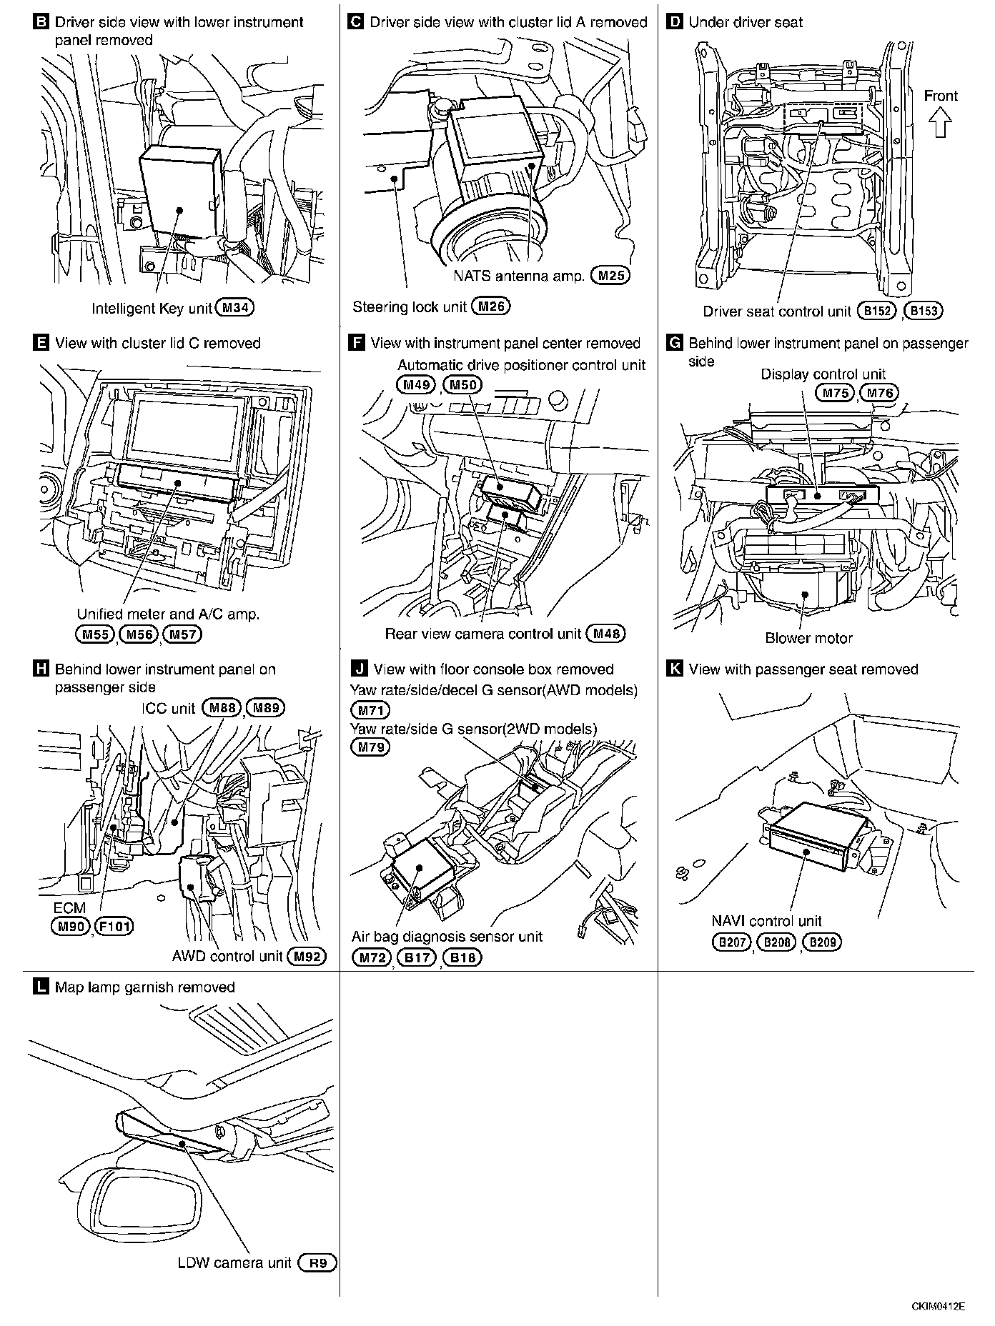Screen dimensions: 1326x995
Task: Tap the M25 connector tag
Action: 610,276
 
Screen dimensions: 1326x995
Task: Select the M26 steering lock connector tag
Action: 491,307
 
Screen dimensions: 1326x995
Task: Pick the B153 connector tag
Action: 924,311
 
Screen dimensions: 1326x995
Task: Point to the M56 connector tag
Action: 138,634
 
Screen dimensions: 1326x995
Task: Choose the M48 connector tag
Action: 605,633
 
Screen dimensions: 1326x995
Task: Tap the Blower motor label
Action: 808,638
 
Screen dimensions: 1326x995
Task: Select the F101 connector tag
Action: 114,927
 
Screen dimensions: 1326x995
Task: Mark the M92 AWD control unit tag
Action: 306,957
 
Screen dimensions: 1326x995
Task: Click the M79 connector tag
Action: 370,747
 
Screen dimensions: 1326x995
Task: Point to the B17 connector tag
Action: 416,957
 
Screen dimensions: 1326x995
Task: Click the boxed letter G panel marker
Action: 673,343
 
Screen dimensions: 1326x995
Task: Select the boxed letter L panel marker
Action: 41,987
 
